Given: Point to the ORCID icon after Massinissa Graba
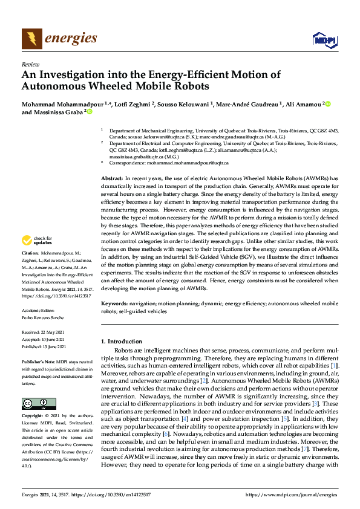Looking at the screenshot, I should point(89,112).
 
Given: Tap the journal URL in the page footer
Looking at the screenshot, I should point(290,494).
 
